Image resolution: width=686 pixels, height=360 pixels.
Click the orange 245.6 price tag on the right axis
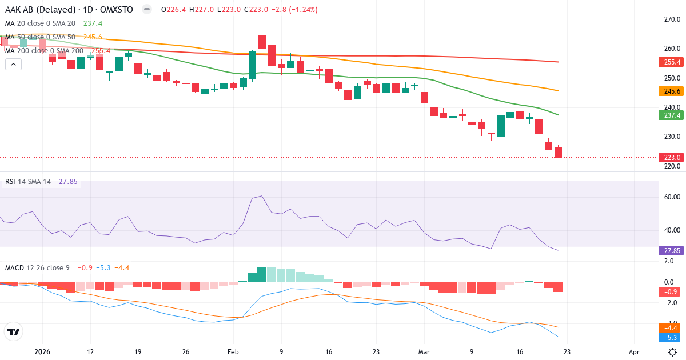click(670, 91)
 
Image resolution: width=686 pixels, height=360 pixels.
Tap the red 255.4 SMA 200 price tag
click(670, 62)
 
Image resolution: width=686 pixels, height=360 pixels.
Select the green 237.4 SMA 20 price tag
click(670, 115)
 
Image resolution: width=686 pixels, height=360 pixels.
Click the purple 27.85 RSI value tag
click(670, 251)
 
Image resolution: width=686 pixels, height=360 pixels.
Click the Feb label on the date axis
click(233, 351)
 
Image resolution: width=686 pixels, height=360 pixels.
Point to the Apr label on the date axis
click(633, 351)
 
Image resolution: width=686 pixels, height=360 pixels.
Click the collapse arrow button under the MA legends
click(13, 64)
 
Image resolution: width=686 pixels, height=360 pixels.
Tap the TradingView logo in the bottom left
click(13, 331)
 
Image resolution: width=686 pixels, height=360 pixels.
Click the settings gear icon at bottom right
click(673, 351)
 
